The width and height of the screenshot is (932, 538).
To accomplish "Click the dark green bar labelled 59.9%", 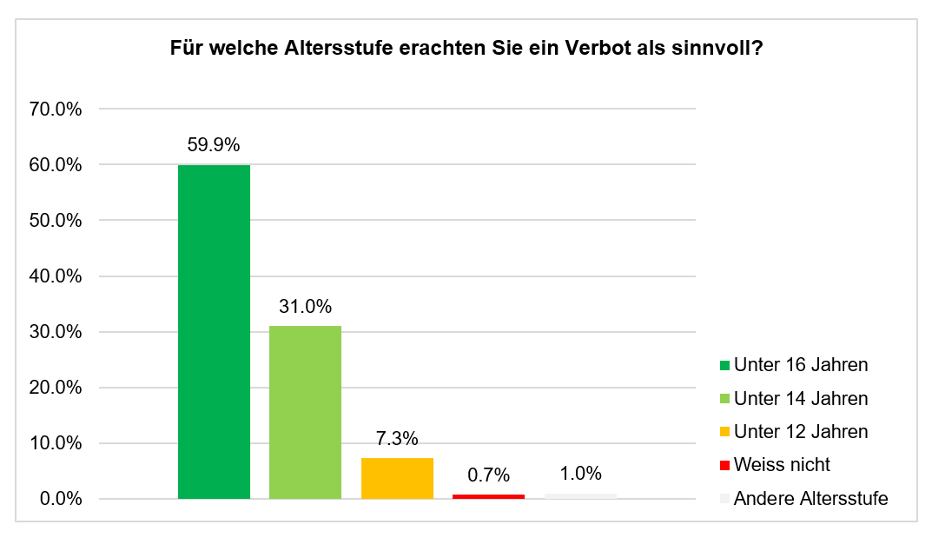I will point(214,331).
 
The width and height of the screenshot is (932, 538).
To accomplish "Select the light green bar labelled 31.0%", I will point(305,412).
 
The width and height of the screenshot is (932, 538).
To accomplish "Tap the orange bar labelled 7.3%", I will point(397,478).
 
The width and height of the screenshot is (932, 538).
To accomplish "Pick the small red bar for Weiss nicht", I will point(488,496).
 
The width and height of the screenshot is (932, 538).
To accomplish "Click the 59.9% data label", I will point(214,145).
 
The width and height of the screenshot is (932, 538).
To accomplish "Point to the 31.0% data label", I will point(305,306).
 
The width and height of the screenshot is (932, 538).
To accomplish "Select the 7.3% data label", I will point(397,438).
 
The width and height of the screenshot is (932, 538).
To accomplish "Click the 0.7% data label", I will point(488,475).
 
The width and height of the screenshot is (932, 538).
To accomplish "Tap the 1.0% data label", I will point(580,473).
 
